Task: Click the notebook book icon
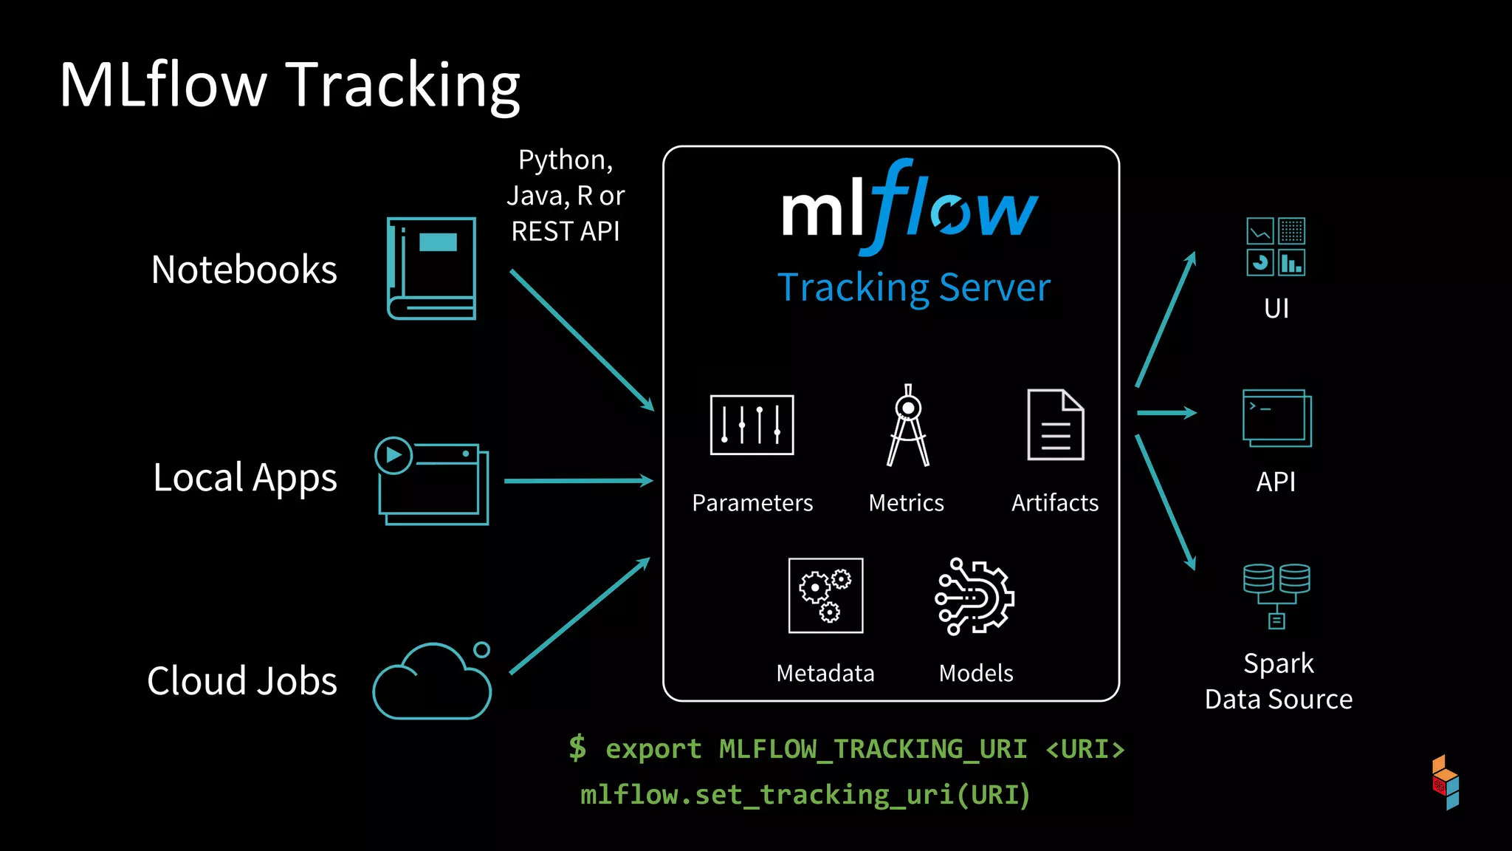pos(432,268)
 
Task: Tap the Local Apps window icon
pos(432,482)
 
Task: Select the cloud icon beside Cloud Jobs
pos(432,682)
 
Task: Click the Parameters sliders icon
pos(752,425)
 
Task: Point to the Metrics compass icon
pos(907,426)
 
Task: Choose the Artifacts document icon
pos(1055,425)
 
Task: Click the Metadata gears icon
pos(825,595)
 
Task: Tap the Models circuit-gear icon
pos(975,596)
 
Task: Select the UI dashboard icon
pos(1275,247)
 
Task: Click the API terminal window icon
pos(1276,418)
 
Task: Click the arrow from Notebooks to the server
pos(581,339)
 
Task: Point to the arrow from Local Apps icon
pos(578,481)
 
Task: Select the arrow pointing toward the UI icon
pos(1166,318)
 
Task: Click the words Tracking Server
pos(913,288)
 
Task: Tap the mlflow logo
pos(910,208)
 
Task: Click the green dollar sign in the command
pos(577,748)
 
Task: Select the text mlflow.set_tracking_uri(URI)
pos(805,795)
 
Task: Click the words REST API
pos(566,232)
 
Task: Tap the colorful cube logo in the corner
pos(1445,782)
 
